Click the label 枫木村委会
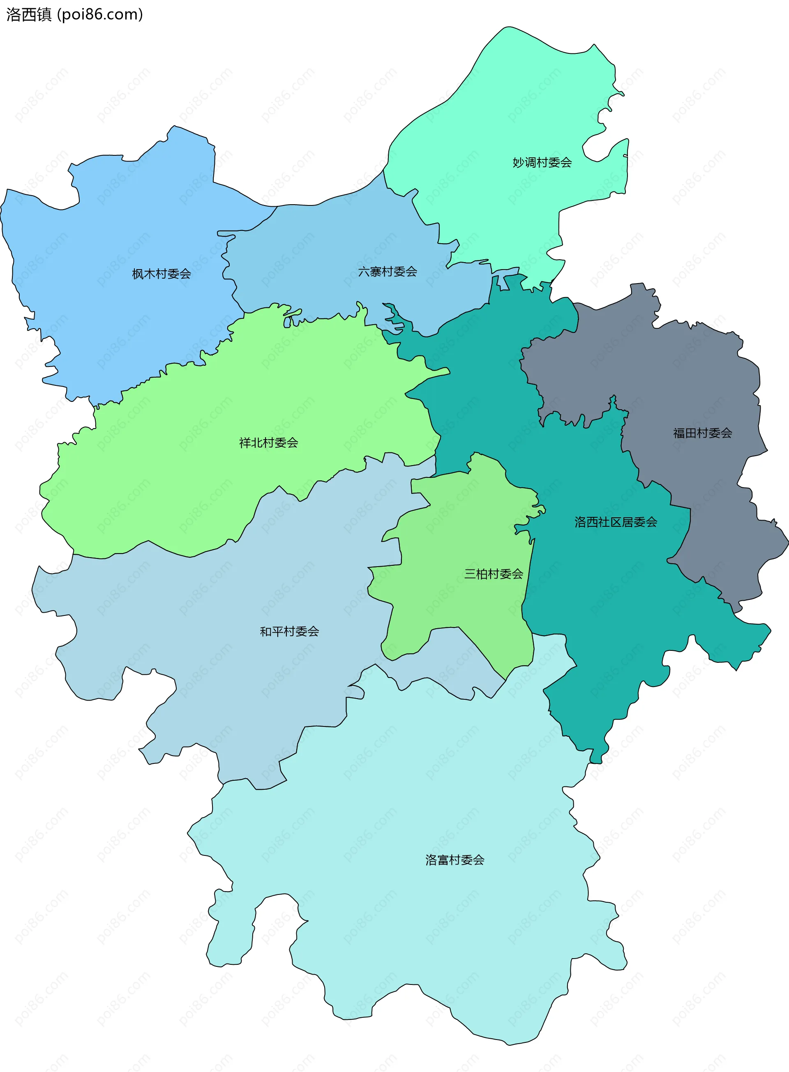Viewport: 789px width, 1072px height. pyautogui.click(x=161, y=274)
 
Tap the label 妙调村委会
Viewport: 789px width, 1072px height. pyautogui.click(x=542, y=163)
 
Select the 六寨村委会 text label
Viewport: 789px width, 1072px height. pyautogui.click(x=388, y=272)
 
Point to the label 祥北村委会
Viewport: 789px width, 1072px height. pyautogui.click(x=268, y=443)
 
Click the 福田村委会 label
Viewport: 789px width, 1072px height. pyautogui.click(x=702, y=433)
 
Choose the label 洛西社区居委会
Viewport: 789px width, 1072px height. pyautogui.click(x=616, y=522)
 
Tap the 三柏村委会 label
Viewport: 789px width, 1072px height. pyautogui.click(x=494, y=574)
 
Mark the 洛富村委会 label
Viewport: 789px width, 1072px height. pyautogui.click(x=454, y=860)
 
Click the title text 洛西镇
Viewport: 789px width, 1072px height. pyautogui.click(x=29, y=15)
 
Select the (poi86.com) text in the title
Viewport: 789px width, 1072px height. pyautogui.click(x=100, y=15)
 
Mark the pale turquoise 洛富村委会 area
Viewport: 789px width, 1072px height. pyautogui.click(x=430, y=788)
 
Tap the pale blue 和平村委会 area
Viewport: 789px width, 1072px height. pyautogui.click(x=215, y=621)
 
